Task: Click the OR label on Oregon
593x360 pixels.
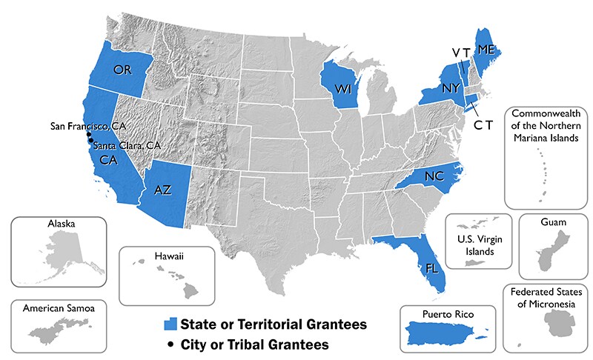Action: (123, 70)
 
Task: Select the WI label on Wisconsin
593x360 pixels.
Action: (342, 89)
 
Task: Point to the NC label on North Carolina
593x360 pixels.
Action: (435, 176)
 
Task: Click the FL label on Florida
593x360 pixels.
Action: (432, 268)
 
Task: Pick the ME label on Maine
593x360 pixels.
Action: (486, 50)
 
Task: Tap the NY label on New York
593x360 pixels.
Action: (451, 87)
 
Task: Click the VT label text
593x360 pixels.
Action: (462, 52)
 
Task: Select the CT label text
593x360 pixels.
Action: (483, 126)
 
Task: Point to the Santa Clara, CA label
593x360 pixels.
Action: (127, 144)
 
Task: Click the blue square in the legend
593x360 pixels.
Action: (171, 324)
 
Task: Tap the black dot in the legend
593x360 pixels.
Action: (171, 344)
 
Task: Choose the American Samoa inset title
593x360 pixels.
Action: (53, 307)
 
